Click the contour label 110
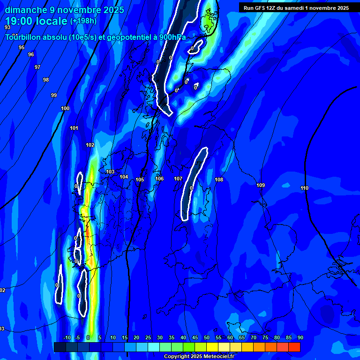(x=304, y=188)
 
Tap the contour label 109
(x=261, y=186)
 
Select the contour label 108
(x=219, y=180)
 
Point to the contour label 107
(x=178, y=179)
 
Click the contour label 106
(x=159, y=179)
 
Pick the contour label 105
(x=140, y=180)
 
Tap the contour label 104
(x=124, y=177)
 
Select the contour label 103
(x=110, y=172)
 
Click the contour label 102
(x=90, y=145)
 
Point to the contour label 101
(x=74, y=128)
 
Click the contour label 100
(x=65, y=109)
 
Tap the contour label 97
(x=37, y=67)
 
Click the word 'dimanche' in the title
(x=26, y=10)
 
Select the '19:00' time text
(x=19, y=21)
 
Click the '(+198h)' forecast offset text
(x=83, y=21)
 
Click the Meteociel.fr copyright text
(x=199, y=357)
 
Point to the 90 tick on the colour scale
(x=300, y=338)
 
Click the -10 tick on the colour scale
(x=67, y=338)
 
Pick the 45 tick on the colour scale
(x=195, y=338)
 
